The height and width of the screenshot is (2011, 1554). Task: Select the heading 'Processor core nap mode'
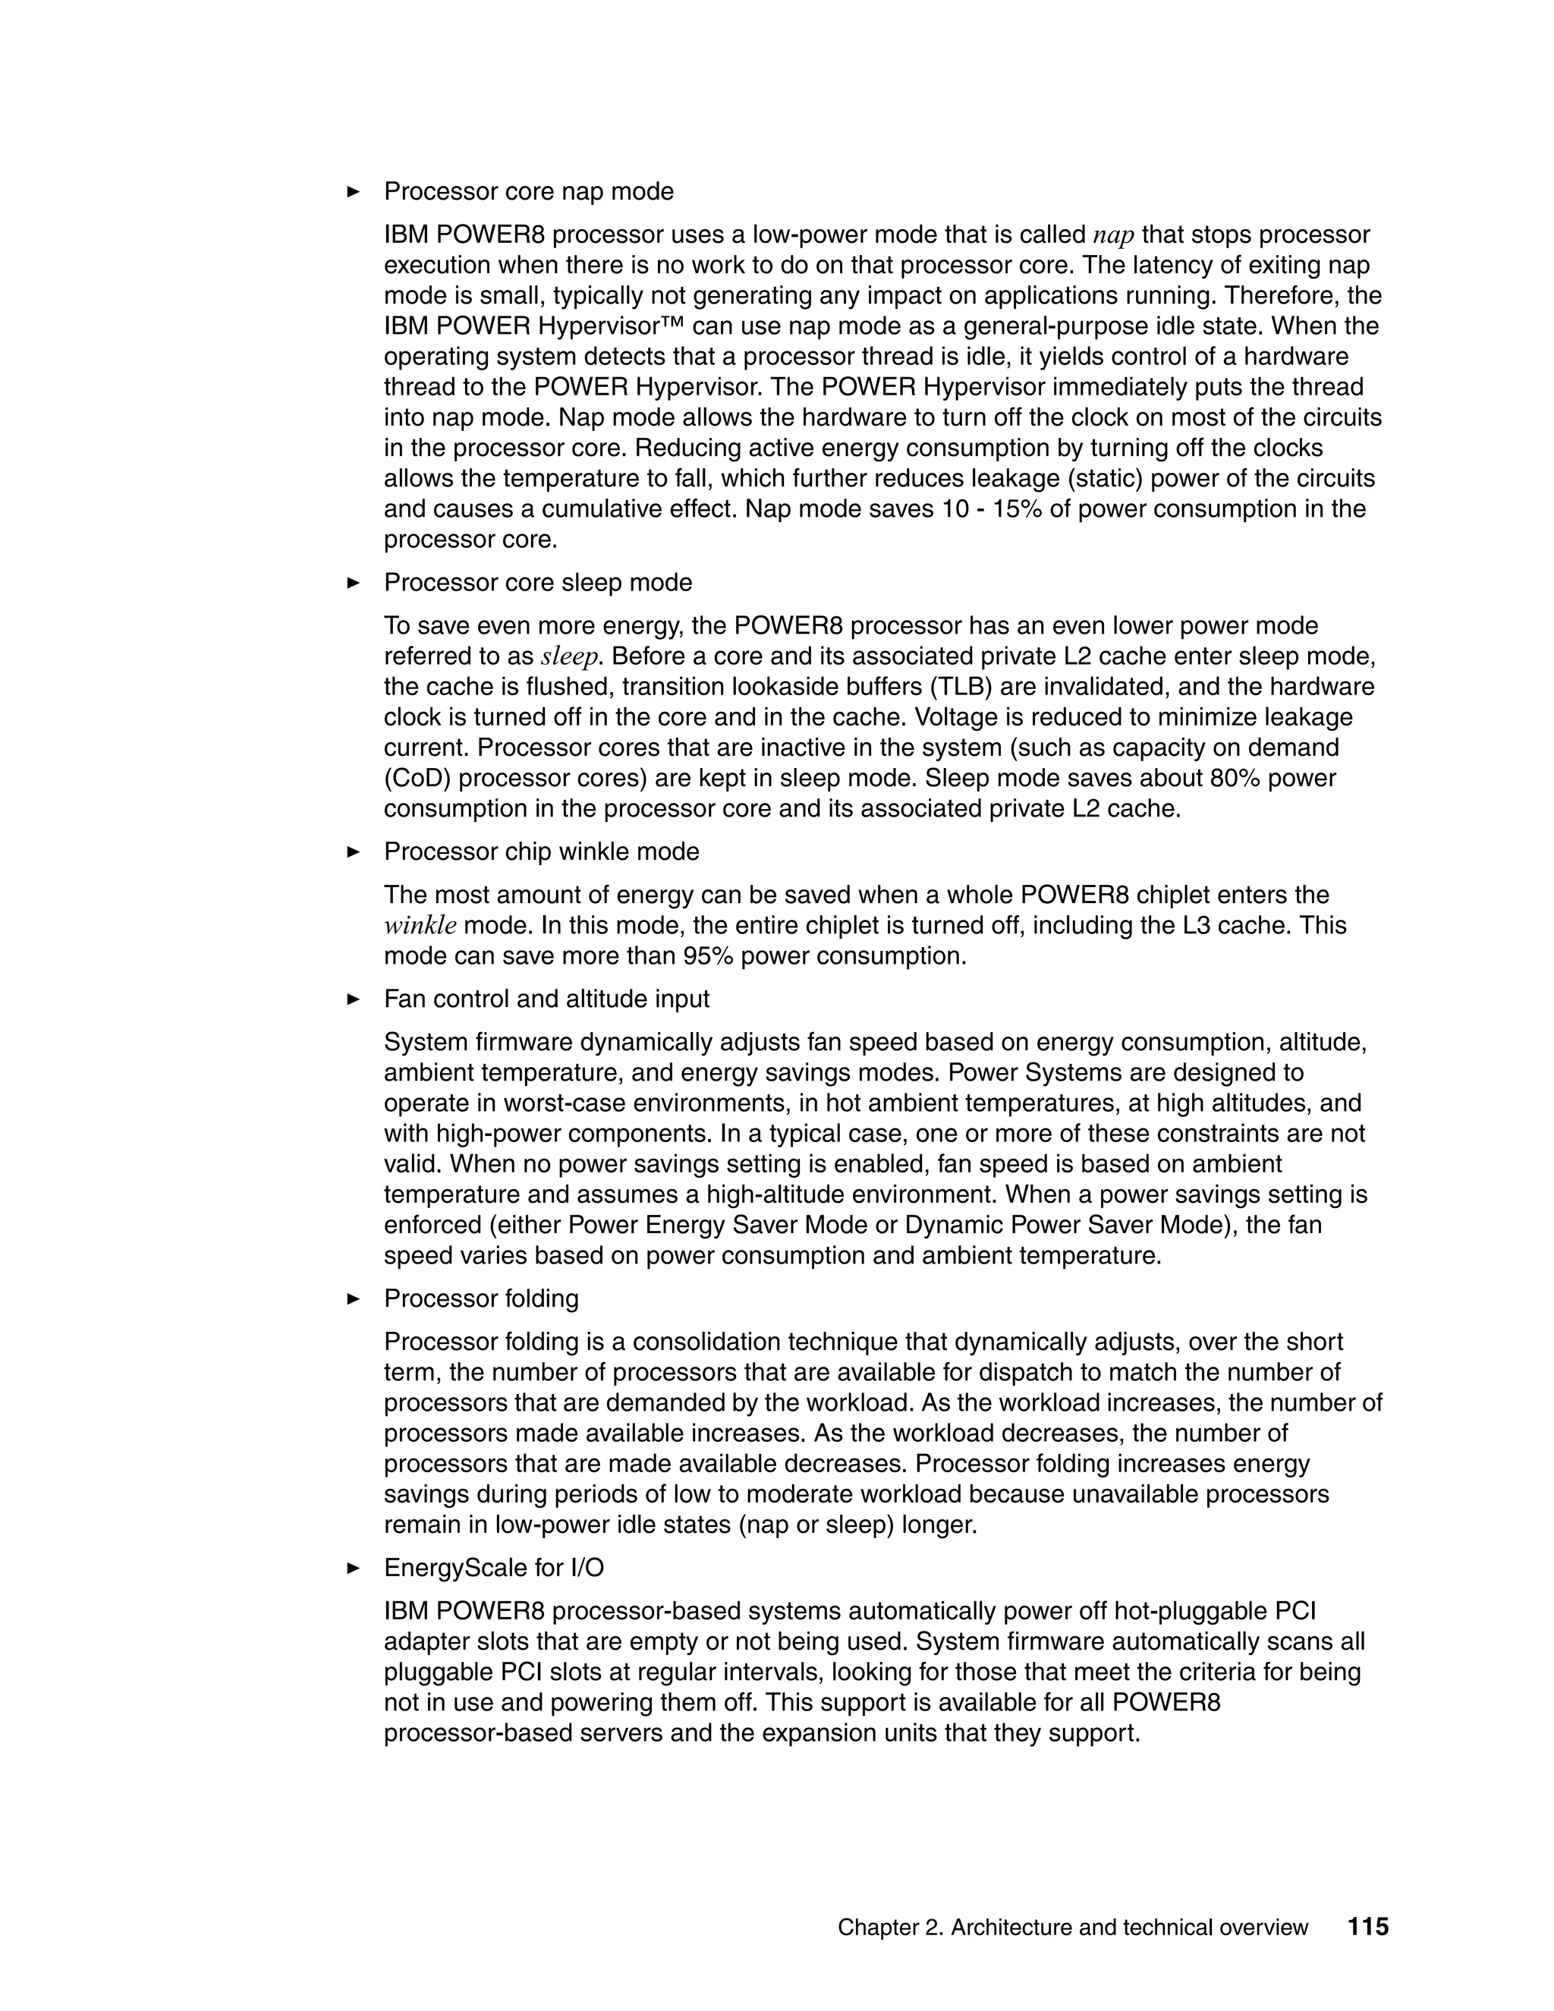coord(528,191)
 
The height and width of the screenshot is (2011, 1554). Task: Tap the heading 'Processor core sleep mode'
coord(538,583)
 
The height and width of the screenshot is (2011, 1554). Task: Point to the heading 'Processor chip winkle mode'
coord(541,851)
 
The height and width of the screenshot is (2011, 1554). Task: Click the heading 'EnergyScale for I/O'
coord(493,1568)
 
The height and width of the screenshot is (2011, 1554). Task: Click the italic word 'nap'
coord(1113,236)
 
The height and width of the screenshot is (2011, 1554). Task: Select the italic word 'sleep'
coord(569,657)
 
